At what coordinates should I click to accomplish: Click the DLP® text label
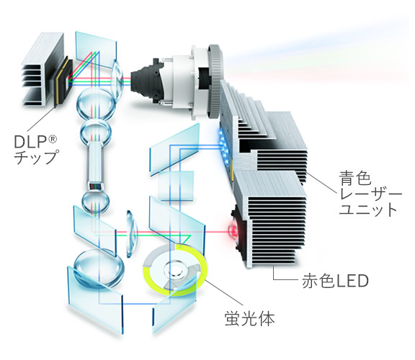click(x=35, y=142)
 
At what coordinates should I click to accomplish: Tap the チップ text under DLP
click(x=35, y=158)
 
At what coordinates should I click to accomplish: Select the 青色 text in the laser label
click(x=355, y=178)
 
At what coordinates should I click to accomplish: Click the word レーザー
click(x=370, y=194)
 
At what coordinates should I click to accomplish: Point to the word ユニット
click(x=368, y=210)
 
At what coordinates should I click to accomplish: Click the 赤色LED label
click(x=335, y=281)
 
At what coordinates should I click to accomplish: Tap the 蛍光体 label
click(x=249, y=318)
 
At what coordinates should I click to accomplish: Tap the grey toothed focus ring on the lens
click(x=215, y=81)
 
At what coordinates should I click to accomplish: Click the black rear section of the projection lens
click(x=146, y=81)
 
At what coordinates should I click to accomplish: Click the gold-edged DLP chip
click(x=63, y=81)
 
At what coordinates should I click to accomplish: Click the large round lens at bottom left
click(x=99, y=269)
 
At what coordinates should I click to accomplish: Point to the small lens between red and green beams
click(x=132, y=234)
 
